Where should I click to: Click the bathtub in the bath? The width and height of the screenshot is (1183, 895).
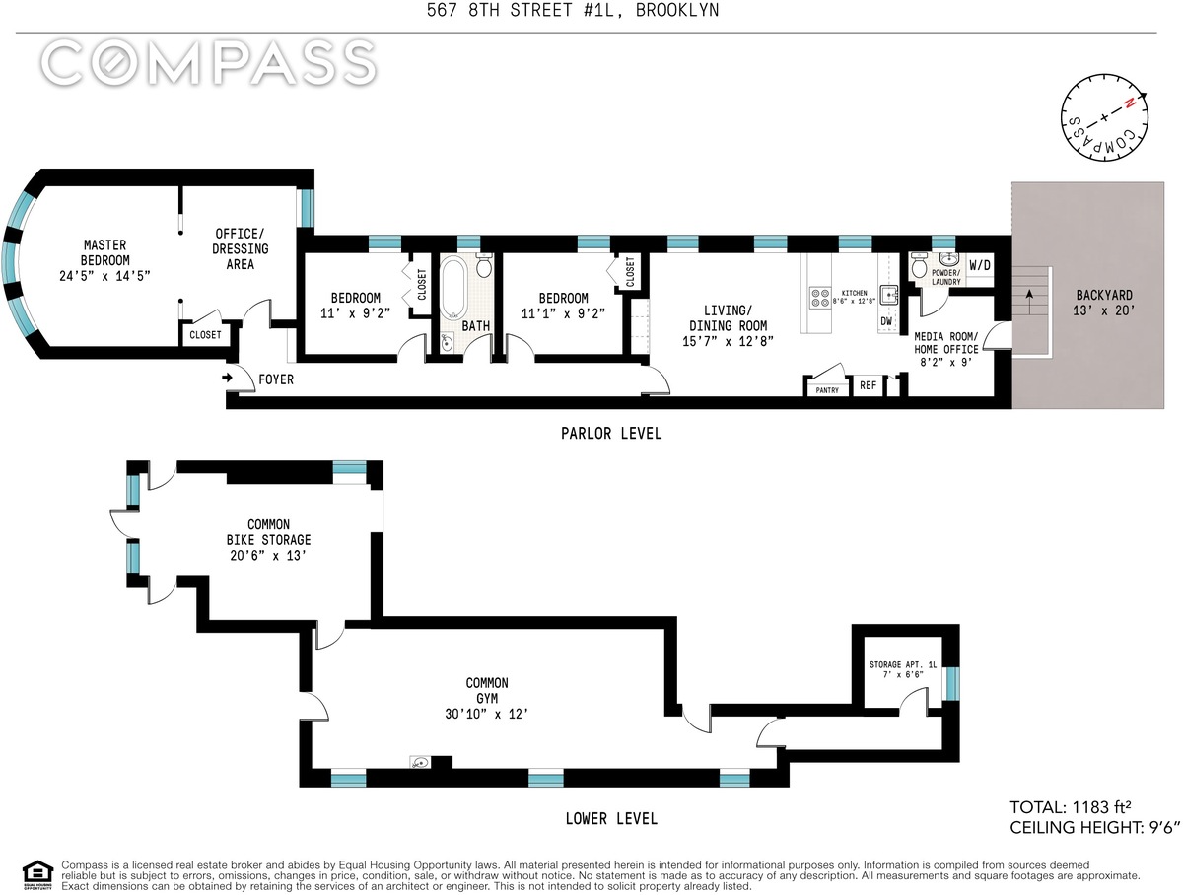tap(453, 288)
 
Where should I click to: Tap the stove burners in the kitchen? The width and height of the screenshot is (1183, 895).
tap(820, 298)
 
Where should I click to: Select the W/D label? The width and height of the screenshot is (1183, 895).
tap(980, 265)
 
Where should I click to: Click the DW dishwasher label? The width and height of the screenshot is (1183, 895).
tap(886, 321)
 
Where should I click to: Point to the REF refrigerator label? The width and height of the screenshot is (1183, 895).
tap(869, 385)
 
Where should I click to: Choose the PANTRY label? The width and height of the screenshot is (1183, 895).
tap(827, 390)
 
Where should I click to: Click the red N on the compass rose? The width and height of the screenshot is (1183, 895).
tap(1129, 103)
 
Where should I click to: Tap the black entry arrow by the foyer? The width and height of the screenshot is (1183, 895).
tap(227, 378)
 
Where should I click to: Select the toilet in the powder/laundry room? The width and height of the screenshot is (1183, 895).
tap(919, 266)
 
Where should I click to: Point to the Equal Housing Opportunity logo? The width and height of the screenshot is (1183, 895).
tap(37, 875)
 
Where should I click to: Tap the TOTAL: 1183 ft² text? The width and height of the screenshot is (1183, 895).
tap(1071, 807)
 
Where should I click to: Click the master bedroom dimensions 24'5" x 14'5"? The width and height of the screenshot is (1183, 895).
tap(104, 276)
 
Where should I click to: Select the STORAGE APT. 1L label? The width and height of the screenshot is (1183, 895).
tap(903, 664)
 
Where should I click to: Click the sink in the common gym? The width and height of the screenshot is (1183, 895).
tap(420, 762)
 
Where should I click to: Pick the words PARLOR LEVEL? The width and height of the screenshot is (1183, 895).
tap(611, 434)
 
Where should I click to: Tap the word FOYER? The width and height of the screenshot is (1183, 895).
tap(276, 379)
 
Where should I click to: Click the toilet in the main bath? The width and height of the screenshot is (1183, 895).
tap(484, 265)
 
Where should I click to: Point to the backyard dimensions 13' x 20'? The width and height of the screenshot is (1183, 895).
tap(1104, 310)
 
